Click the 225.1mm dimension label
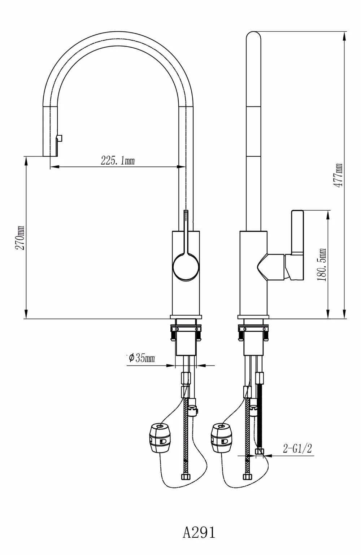click(118, 161)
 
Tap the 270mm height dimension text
click(20, 237)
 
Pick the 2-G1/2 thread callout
click(297, 448)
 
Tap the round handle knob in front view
click(186, 268)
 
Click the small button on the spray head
click(60, 138)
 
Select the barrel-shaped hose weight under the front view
click(160, 438)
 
